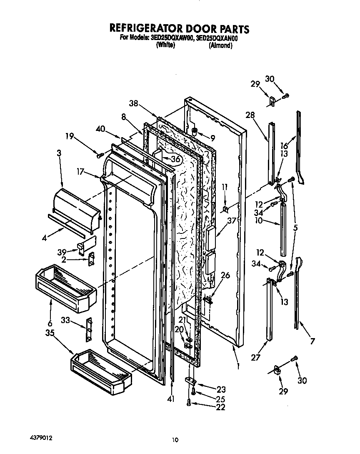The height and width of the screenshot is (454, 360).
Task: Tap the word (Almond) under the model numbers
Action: point(220,45)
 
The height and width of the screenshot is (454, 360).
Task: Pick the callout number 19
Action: point(70,135)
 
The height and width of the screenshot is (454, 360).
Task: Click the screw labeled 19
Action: point(100,155)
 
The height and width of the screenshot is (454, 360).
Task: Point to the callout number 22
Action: point(220,407)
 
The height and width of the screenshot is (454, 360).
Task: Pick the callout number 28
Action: point(250,115)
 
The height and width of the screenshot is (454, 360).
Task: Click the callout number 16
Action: point(284,145)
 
